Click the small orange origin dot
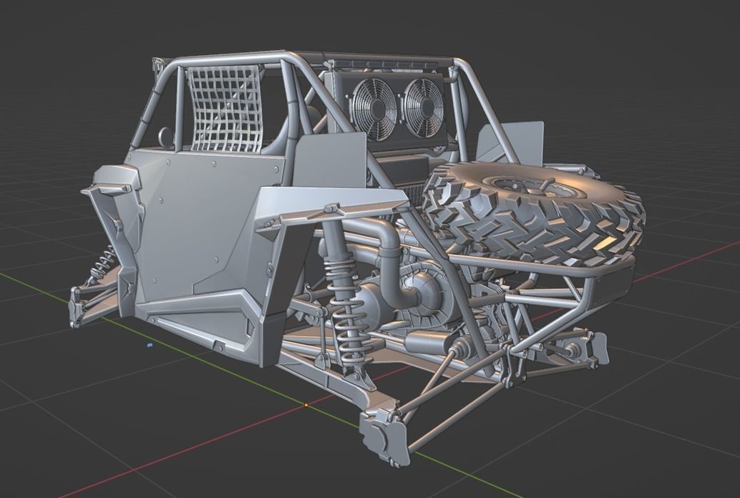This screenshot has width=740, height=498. (x=306, y=405)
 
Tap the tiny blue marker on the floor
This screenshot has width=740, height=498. (x=150, y=345)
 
